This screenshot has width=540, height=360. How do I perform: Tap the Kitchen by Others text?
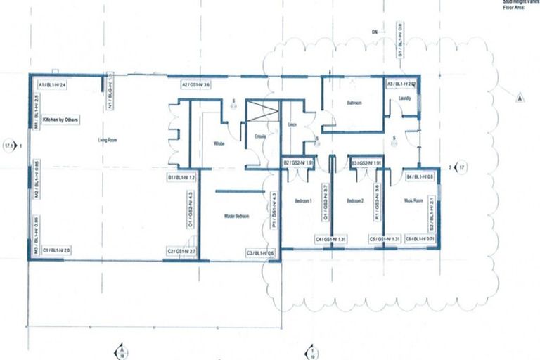coord(60,120)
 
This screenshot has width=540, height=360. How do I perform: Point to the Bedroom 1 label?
coord(303,202)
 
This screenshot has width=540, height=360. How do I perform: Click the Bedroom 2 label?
coord(355,202)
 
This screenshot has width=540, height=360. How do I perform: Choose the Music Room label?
coord(413,202)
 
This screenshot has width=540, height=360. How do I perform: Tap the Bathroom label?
coord(354,103)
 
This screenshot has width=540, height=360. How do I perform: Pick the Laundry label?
coord(404,98)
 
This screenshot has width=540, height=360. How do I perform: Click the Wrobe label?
coord(219,143)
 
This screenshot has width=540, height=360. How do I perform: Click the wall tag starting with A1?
coord(52,85)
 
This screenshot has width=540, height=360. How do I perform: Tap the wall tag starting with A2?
coord(196,85)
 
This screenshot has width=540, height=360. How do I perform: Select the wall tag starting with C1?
coord(56,250)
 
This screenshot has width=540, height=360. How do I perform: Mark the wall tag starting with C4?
coord(330,240)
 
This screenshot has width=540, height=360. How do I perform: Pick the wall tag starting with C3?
coord(260,252)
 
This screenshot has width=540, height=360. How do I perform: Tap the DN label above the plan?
coord(377,32)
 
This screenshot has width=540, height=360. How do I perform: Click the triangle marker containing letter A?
coord(520,98)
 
